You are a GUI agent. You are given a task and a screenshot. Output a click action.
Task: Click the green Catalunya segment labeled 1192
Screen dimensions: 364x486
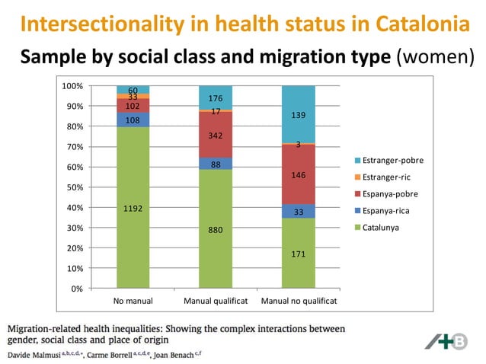[133, 207]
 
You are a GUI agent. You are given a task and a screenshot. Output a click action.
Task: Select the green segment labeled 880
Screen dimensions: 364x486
[216, 228]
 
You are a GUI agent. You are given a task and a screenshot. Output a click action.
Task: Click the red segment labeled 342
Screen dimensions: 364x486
[216, 135]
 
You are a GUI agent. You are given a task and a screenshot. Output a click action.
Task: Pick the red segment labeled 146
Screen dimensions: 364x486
[299, 174]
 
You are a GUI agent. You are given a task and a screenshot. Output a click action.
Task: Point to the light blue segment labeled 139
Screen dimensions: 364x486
[299, 114]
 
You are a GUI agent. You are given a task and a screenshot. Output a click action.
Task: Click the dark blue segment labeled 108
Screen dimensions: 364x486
[133, 120]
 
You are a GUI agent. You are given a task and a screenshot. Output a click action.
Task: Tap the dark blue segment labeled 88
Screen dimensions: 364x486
[216, 164]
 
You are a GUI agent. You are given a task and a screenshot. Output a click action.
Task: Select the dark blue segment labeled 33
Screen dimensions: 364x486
[299, 212]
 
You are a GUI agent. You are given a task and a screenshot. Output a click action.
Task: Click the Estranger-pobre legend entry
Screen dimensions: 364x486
[388, 161]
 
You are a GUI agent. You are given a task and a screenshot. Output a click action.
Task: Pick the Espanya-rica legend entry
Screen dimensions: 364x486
[385, 210]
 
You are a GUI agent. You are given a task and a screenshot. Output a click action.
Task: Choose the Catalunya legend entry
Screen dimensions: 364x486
[381, 227]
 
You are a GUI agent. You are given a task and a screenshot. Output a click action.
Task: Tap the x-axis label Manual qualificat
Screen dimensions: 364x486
[216, 301]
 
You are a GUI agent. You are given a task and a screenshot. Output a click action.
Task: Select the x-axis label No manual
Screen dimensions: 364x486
[133, 301]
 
